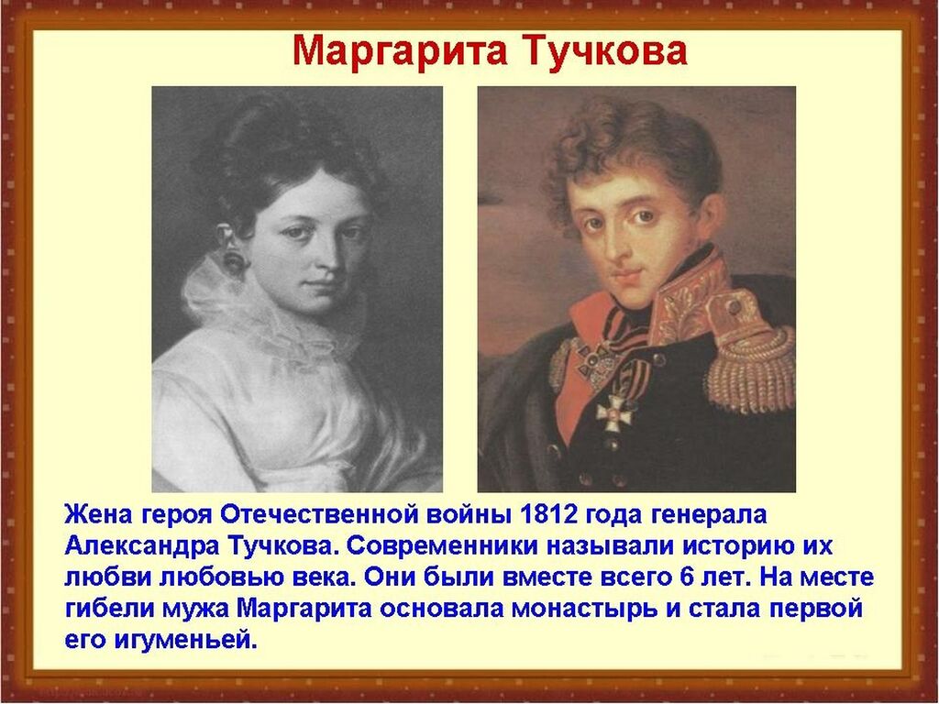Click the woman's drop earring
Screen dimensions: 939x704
pos(233,258)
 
